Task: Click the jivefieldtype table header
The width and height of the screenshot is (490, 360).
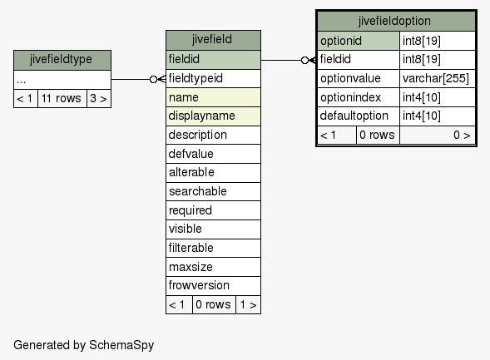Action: (62, 60)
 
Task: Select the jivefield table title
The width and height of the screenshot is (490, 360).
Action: (213, 40)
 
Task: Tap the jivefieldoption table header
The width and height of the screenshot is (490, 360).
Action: (396, 22)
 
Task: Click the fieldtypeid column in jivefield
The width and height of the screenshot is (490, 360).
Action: (213, 78)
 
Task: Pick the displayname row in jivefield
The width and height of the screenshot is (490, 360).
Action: (213, 116)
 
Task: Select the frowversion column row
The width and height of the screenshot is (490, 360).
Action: (213, 285)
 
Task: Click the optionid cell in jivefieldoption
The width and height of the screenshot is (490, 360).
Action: (359, 41)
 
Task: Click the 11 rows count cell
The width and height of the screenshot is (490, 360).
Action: (62, 99)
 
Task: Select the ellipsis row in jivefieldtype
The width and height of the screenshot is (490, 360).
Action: (62, 80)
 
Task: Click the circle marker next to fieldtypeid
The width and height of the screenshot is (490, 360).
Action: (153, 79)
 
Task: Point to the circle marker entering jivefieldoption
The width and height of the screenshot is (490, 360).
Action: (304, 60)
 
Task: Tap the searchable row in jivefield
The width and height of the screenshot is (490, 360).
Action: (213, 191)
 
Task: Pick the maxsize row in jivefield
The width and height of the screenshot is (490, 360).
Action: (213, 267)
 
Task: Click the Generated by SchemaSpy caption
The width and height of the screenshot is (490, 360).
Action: (84, 345)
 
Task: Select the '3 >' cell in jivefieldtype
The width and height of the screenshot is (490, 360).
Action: (99, 99)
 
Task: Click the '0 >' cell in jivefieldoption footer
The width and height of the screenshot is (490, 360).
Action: (438, 136)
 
